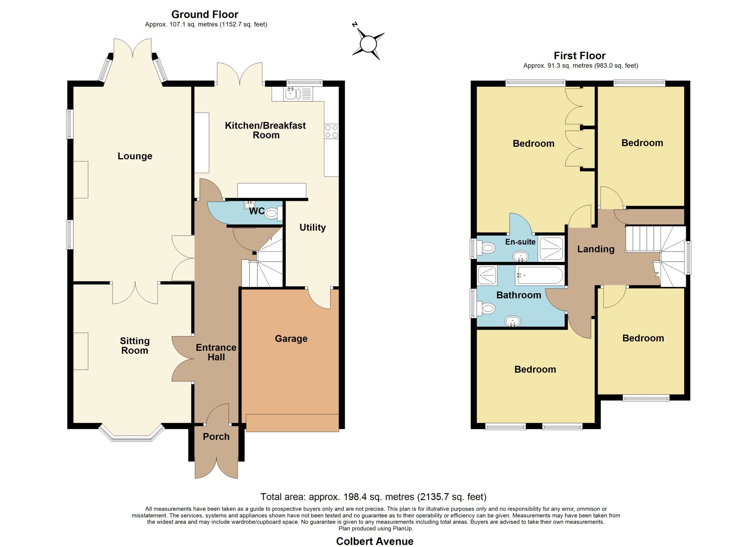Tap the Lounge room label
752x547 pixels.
[135, 156]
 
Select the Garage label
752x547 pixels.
[291, 338]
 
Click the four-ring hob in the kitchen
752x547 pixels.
[332, 131]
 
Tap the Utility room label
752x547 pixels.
[313, 227]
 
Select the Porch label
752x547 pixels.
[216, 437]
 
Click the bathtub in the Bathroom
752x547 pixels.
[539, 275]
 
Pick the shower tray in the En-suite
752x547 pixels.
[551, 248]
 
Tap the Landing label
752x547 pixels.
[596, 249]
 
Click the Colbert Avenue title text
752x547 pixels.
[375, 541]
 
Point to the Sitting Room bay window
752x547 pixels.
[132, 434]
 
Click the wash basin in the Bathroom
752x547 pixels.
[513, 321]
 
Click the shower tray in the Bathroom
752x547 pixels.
[487, 276]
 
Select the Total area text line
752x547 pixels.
[373, 496]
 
